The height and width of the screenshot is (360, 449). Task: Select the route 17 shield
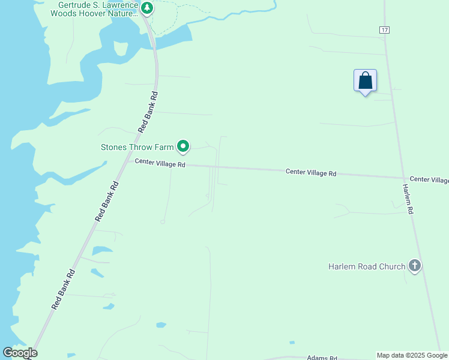click(384, 29)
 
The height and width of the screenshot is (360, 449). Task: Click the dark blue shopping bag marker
click(365, 80)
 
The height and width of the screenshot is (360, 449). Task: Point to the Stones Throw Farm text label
click(137, 146)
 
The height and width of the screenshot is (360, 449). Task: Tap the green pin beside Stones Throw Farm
click(182, 146)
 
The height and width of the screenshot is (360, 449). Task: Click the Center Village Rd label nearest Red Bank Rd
click(160, 163)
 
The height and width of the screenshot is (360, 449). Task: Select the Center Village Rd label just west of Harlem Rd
click(311, 172)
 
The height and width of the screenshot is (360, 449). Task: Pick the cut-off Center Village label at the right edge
click(429, 180)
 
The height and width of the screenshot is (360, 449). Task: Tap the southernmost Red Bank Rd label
click(62, 289)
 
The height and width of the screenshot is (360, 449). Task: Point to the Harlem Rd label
click(408, 199)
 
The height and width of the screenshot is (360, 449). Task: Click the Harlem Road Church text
click(367, 266)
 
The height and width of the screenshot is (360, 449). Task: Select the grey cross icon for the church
click(414, 265)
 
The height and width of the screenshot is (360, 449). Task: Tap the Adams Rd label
click(322, 357)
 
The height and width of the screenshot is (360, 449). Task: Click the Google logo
click(20, 353)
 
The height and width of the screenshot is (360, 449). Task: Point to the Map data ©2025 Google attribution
click(412, 355)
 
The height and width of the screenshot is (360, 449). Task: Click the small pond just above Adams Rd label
click(292, 343)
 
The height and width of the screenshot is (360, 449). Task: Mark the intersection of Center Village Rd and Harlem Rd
click(403, 178)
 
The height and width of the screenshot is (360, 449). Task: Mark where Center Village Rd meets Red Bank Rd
click(127, 161)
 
